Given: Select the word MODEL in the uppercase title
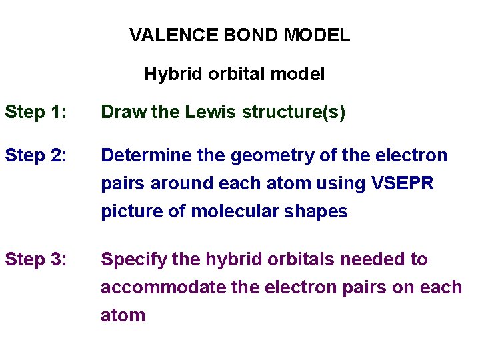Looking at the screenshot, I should coord(317,35).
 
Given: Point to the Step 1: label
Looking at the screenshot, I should coord(35,113).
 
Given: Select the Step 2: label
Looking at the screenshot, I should coord(35,156).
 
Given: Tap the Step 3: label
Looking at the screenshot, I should coord(35,259).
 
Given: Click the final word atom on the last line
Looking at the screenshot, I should coord(123,315).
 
